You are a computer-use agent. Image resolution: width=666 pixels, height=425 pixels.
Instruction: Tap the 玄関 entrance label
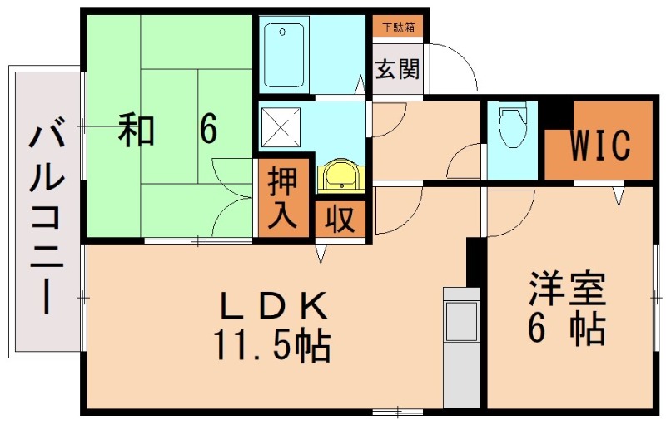coord(395,69)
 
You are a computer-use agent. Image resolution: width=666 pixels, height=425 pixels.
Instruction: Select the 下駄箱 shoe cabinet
coord(396,27)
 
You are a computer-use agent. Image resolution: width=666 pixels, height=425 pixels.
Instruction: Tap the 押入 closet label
coord(283,200)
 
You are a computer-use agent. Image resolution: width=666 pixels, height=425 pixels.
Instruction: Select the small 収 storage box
coord(340,220)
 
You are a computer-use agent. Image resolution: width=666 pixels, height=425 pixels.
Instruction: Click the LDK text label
coord(272,306)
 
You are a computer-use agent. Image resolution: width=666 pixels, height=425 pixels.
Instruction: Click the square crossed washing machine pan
coord(282,127)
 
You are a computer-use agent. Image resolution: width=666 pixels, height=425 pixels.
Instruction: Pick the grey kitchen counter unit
coord(460,346)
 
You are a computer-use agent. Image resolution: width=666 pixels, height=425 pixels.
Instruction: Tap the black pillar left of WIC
coord(555,114)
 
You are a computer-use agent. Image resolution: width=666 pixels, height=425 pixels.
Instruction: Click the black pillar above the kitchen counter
coord(475,261)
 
